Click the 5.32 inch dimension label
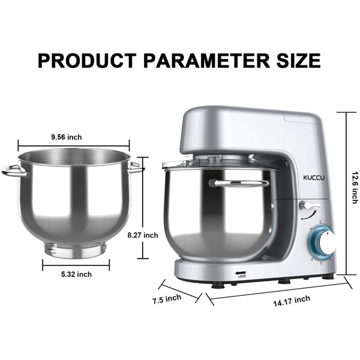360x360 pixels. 77,274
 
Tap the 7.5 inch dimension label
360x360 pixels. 165,298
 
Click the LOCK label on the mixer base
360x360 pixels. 242,276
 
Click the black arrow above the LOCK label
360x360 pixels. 241,271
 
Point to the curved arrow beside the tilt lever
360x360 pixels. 308,214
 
